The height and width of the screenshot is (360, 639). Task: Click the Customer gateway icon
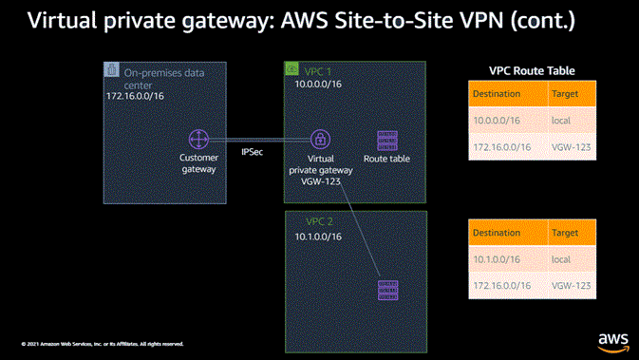pyautogui.click(x=198, y=139)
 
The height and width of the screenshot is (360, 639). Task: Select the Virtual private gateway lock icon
pyautogui.click(x=321, y=139)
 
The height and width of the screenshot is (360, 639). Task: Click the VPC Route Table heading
pyautogui.click(x=531, y=71)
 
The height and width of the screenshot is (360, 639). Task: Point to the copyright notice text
pyautogui.click(x=103, y=344)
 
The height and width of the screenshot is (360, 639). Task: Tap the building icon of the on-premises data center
pyautogui.click(x=111, y=69)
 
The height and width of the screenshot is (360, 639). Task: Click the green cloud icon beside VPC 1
pyautogui.click(x=292, y=69)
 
